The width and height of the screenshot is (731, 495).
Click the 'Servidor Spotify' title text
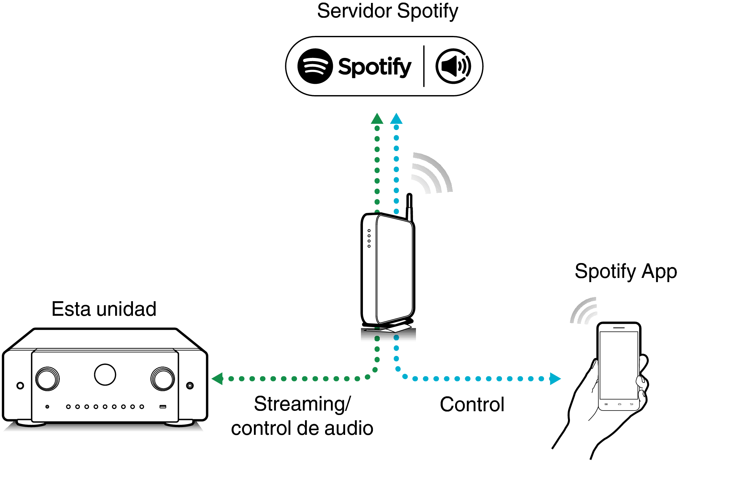(x=387, y=12)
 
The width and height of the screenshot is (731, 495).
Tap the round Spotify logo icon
(x=315, y=66)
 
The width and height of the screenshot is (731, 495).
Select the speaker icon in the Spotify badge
(x=453, y=66)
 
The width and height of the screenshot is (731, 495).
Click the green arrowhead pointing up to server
(x=377, y=119)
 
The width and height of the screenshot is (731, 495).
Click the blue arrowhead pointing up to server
(x=396, y=119)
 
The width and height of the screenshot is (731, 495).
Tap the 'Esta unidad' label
(x=104, y=309)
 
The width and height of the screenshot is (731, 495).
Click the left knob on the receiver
(x=48, y=379)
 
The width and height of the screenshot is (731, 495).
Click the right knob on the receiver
(x=163, y=379)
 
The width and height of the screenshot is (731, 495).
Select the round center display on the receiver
(x=105, y=375)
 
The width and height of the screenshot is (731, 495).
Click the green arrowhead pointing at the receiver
(x=218, y=379)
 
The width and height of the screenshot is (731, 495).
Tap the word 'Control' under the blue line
(x=472, y=404)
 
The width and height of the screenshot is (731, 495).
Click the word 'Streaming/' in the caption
(x=302, y=404)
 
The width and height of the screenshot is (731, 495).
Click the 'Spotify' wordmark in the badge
(x=375, y=67)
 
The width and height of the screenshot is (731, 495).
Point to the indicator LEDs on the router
(x=369, y=238)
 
